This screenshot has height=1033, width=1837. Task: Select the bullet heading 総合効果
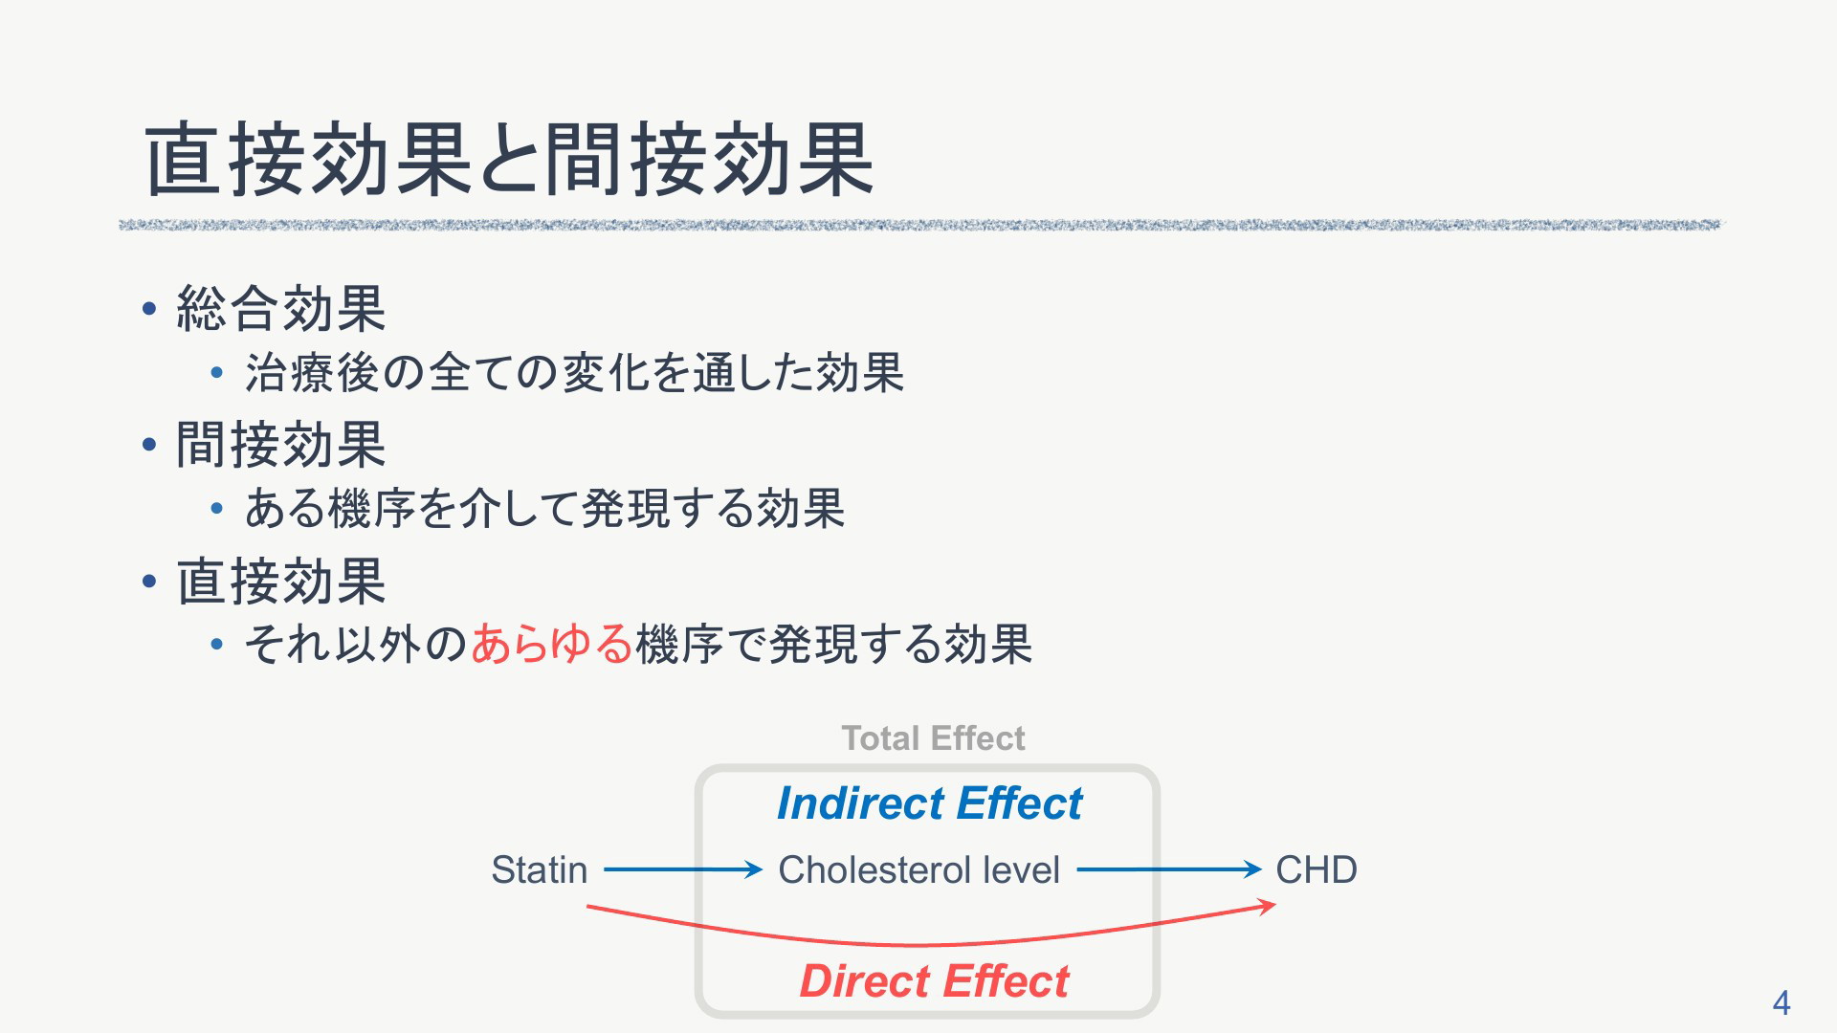(281, 309)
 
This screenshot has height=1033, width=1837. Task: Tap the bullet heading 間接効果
(281, 445)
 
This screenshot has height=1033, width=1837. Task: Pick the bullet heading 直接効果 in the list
(281, 582)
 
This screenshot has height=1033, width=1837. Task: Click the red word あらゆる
(552, 643)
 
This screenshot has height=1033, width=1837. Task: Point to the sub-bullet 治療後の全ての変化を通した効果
(574, 372)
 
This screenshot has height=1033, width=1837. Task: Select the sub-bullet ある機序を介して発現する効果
(544, 508)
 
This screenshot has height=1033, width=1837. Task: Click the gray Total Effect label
(933, 738)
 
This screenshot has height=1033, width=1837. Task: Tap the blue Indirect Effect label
(929, 802)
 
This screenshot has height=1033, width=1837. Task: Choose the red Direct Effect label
(934, 981)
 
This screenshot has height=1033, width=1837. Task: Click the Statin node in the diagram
(540, 869)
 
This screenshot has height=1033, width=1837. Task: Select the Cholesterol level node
(918, 869)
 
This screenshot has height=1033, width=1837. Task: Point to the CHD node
(1317, 869)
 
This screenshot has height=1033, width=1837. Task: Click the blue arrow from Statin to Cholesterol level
(683, 869)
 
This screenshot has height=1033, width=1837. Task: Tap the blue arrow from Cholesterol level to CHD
(1169, 869)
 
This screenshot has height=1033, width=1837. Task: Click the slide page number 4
(1781, 1002)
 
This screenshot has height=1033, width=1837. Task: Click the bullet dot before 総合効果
(148, 309)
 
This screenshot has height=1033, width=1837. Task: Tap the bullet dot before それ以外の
(217, 645)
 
